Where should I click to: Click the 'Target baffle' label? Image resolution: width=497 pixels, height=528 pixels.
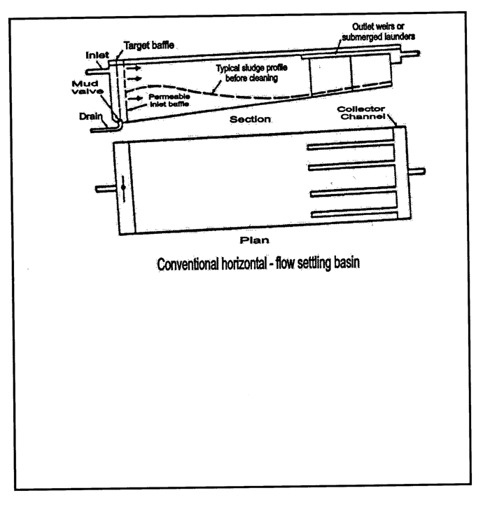coord(149,45)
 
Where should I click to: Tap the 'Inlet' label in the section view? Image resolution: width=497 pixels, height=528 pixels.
coord(97,55)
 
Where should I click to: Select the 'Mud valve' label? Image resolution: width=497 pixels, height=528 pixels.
coord(87,88)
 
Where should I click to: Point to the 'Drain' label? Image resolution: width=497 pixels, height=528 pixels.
coord(90,116)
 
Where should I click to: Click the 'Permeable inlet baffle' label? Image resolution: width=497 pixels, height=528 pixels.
coord(169,100)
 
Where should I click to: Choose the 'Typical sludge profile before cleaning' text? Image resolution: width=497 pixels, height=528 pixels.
coord(251,73)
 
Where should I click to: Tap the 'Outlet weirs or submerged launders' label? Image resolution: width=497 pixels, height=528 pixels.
coord(378,32)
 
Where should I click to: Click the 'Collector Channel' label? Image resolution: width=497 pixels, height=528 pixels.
coord(361,113)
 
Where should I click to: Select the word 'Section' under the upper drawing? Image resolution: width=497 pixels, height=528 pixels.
coord(250,119)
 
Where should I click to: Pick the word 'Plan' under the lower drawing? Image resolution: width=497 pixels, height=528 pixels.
coord(254,240)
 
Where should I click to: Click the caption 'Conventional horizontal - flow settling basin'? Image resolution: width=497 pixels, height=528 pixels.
coord(258,263)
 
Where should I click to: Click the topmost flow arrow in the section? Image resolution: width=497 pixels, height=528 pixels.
coord(134,69)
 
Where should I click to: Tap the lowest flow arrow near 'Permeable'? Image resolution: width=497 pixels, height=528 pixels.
coord(135,98)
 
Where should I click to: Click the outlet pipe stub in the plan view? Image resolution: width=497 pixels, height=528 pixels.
coord(417,172)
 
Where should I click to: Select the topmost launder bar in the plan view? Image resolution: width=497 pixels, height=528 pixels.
coord(351,146)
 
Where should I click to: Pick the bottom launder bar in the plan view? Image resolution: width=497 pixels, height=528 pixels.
coord(354,214)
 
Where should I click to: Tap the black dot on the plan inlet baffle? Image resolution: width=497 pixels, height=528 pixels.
coord(123,187)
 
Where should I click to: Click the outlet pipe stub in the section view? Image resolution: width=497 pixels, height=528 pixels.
coord(410,54)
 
